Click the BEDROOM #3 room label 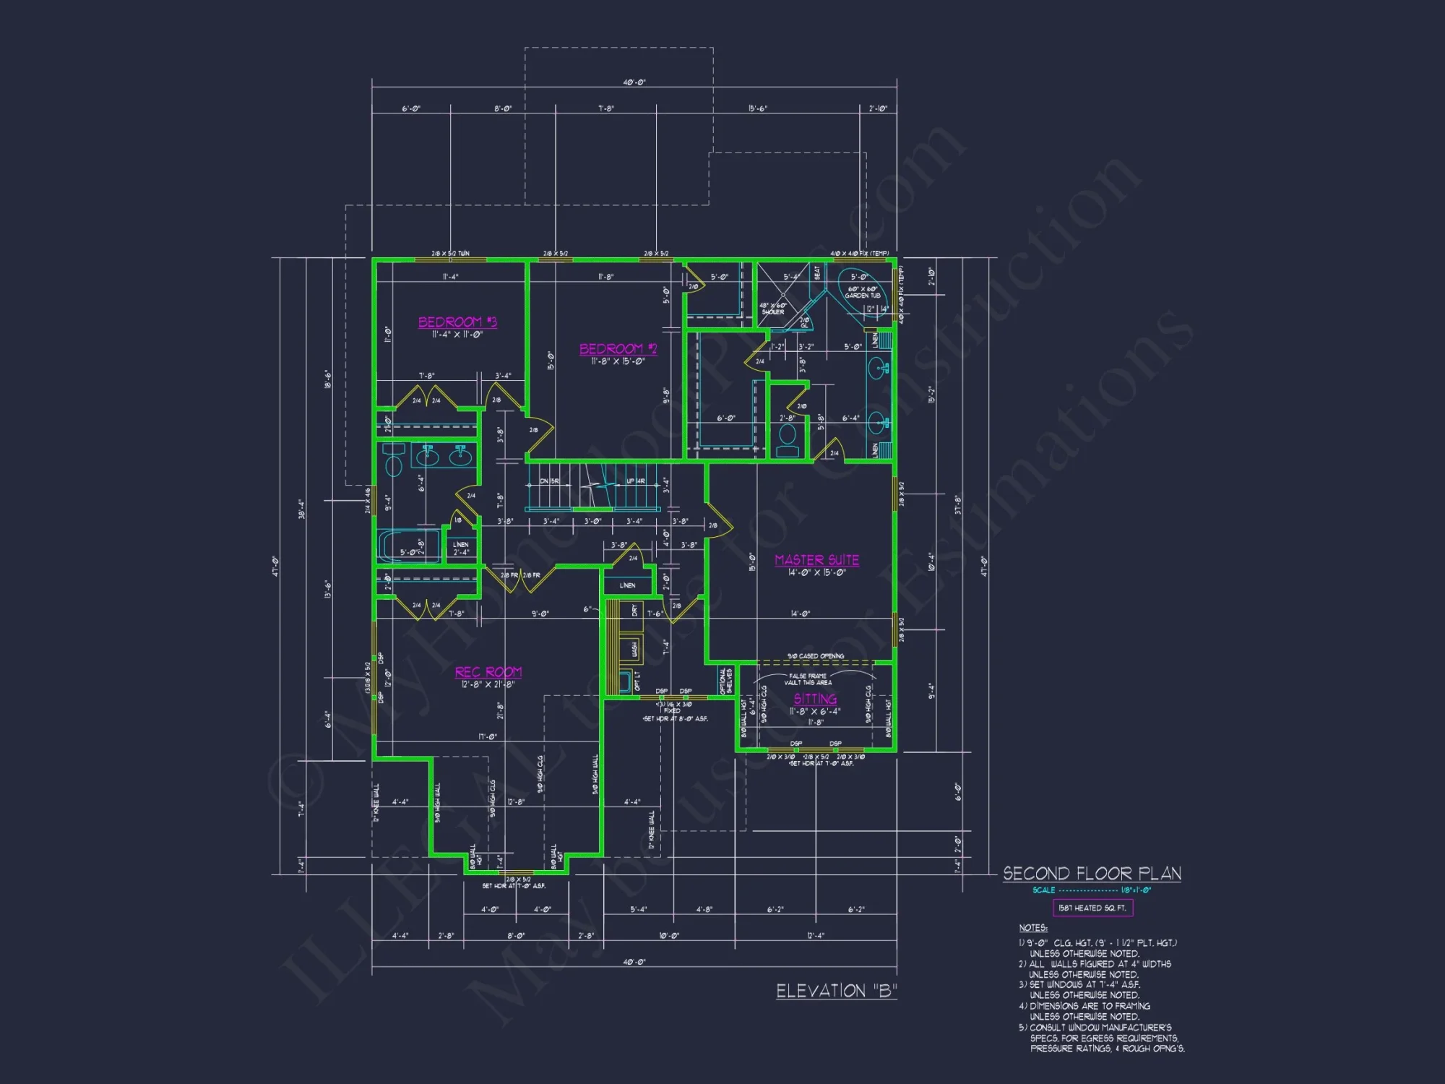(x=457, y=322)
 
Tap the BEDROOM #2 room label (x=618, y=349)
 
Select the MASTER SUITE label (x=816, y=560)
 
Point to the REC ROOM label (x=488, y=672)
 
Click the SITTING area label (x=815, y=699)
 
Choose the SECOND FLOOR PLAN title (x=1092, y=874)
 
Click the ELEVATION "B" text (x=836, y=991)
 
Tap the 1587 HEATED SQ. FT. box (x=1092, y=908)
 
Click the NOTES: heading (x=1032, y=928)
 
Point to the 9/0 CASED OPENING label (x=815, y=656)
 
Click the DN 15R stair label (x=549, y=481)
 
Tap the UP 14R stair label (x=636, y=481)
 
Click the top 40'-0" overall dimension (x=634, y=82)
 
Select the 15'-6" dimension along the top (x=758, y=108)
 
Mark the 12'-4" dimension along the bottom (x=815, y=935)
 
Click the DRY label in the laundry (x=634, y=611)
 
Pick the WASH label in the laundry (x=634, y=650)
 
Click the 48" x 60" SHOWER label (x=772, y=309)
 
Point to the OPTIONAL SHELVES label (x=725, y=681)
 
